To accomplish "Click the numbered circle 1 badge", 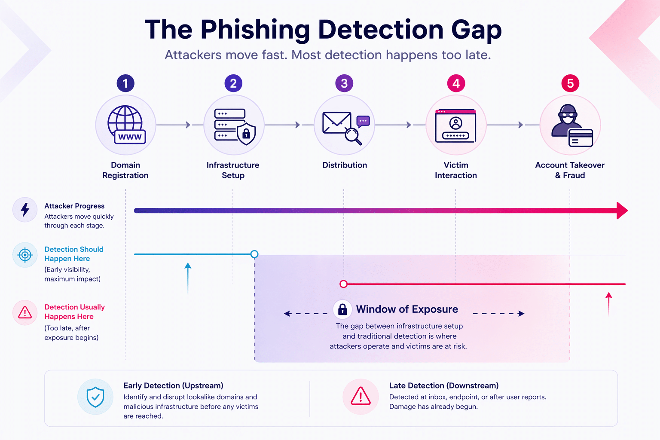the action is pos(125,83).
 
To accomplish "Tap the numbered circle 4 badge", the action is pos(456,83).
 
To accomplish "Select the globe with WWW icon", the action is pos(126,125).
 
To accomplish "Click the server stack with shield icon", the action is pos(235,126).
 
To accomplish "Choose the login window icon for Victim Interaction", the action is pos(455,126).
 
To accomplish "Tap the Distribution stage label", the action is pos(345,165).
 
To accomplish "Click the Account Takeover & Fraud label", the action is pos(570,170).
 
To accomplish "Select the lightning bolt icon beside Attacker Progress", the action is pos(25,210).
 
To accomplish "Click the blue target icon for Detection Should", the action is pos(25,255).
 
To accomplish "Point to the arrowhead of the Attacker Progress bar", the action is pos(622,211).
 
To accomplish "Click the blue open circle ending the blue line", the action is pos(254,254).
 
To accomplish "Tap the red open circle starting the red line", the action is pos(343,284).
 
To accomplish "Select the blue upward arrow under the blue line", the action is pos(188,278).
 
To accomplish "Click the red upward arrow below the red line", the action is pos(609,305).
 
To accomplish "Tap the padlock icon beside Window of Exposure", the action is pos(342,309).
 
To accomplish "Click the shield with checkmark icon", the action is pos(95,397).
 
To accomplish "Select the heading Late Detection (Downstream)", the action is pos(444,385).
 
